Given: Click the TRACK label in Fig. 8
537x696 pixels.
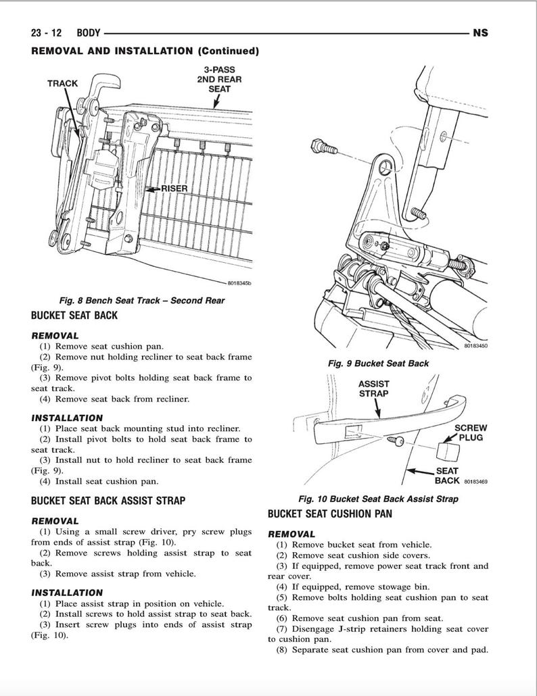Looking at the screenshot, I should point(62,83).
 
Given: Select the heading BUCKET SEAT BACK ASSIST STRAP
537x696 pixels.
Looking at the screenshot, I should point(108,501).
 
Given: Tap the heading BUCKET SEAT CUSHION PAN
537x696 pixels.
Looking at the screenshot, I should point(330,514).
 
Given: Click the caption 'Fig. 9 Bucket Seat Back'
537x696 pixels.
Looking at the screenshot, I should point(378,363).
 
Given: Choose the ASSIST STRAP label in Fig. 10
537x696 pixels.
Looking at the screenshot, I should point(373,388).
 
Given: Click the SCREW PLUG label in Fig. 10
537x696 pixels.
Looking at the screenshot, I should point(470,432).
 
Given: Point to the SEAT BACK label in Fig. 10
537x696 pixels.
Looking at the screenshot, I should point(446,476).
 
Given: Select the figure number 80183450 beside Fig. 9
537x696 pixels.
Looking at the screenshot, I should point(475,346).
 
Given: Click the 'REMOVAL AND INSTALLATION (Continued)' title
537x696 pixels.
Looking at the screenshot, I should point(145,51).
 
